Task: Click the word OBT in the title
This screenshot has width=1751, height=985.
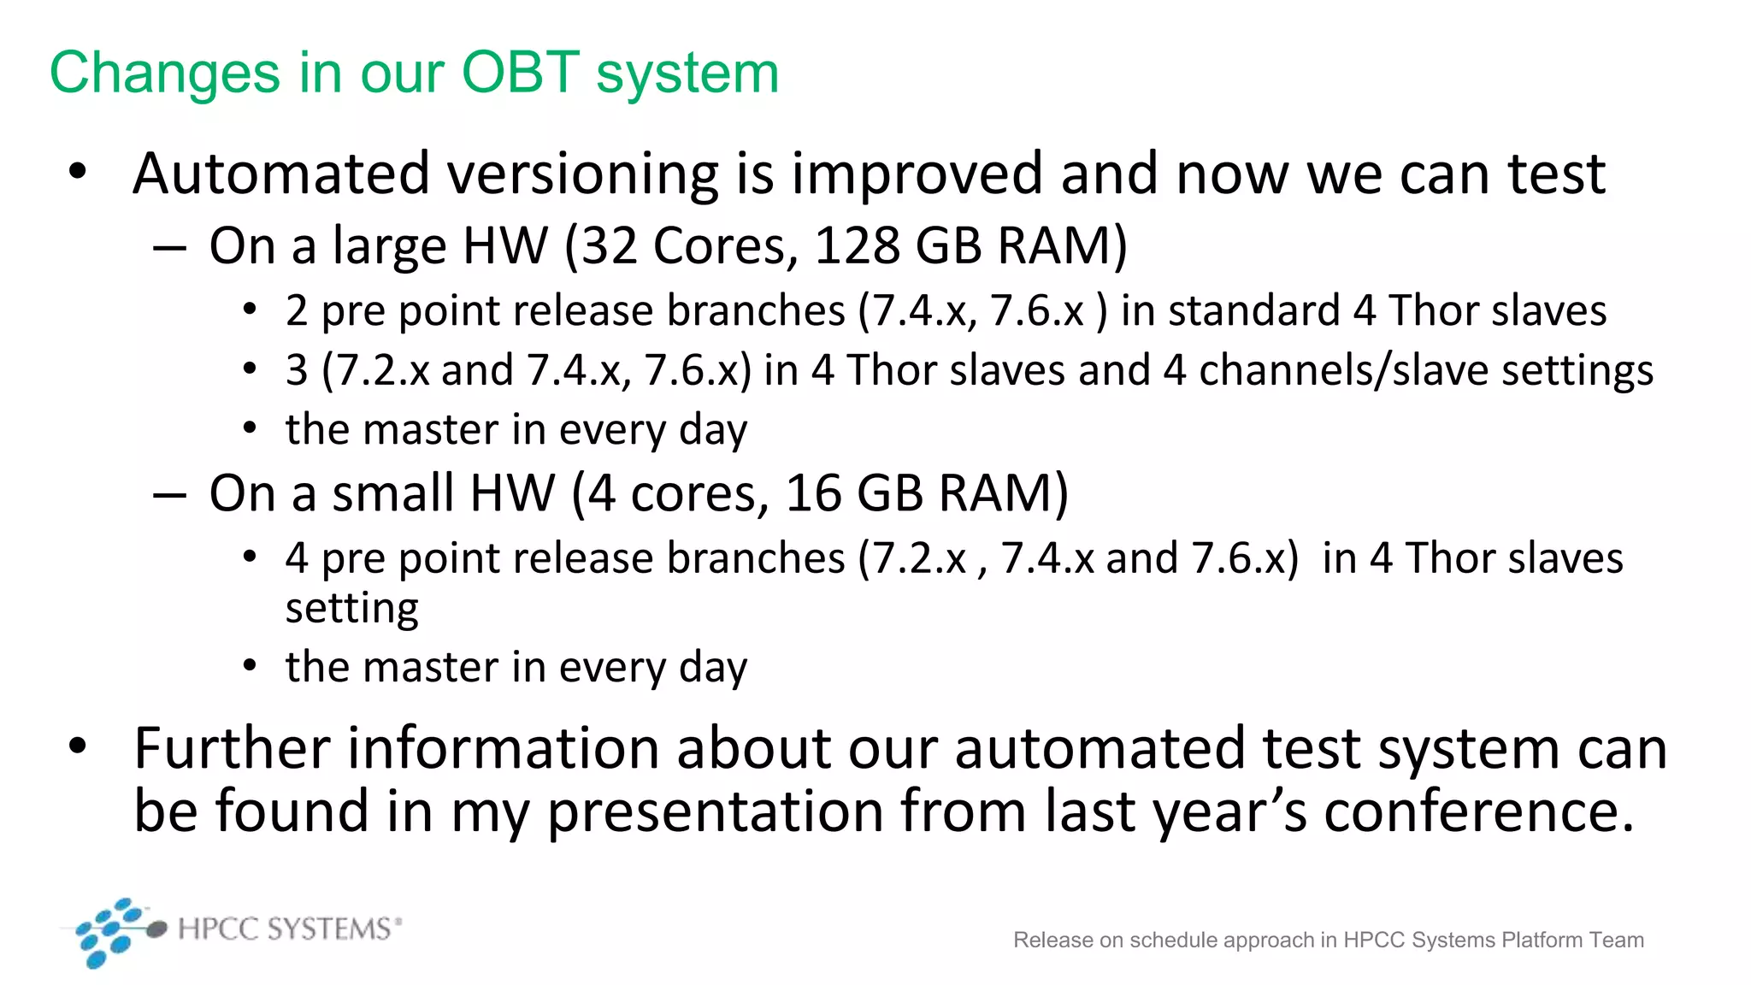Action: point(521,72)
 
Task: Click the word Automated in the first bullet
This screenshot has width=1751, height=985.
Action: point(280,174)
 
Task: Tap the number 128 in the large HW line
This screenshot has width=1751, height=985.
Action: point(857,246)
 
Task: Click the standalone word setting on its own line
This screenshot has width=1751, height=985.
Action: point(351,609)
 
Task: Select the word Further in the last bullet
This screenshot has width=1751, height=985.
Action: point(231,748)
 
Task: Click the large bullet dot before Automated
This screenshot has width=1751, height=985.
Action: point(78,172)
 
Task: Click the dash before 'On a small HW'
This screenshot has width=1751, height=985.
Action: point(169,495)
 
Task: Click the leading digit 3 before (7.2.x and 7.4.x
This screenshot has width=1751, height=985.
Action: point(297,370)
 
